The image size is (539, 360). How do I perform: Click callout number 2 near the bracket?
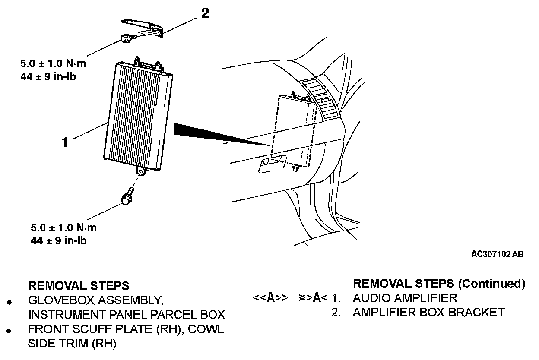coord(205,13)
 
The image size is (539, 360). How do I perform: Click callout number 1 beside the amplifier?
coord(65,142)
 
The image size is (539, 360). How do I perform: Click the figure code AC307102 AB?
coord(497,254)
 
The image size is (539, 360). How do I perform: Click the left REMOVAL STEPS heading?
coord(78,286)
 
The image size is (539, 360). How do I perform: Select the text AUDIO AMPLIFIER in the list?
coord(405,298)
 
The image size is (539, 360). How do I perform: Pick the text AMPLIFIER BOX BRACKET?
coord(428,312)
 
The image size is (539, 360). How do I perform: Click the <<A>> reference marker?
coord(270,298)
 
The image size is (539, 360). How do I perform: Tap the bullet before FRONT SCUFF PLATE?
coord(9,331)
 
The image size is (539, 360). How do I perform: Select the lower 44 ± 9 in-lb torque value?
coord(59,240)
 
